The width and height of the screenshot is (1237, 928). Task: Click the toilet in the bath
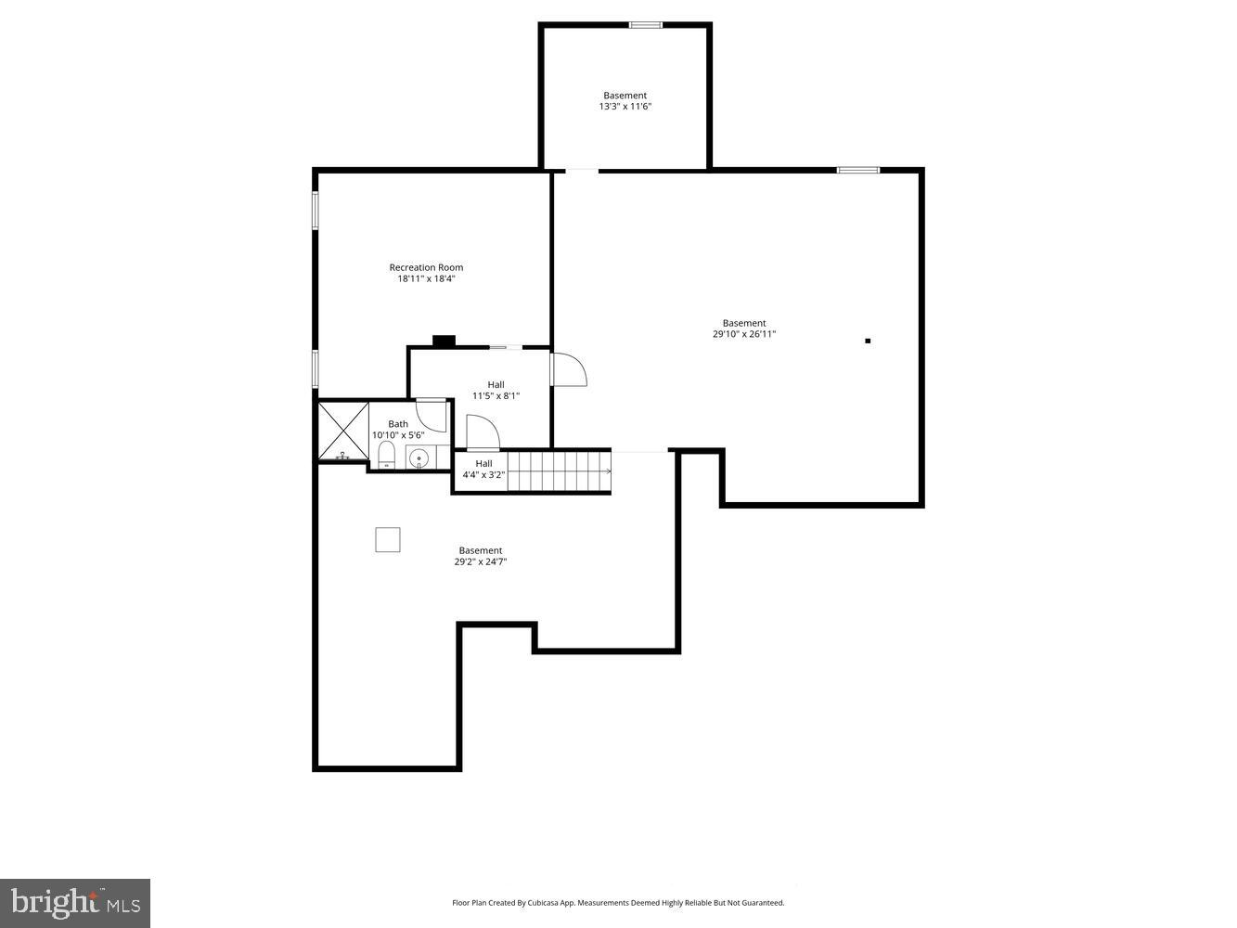point(387,454)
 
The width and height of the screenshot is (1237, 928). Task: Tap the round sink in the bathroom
point(419,458)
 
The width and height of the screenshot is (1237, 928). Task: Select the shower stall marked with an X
point(343,431)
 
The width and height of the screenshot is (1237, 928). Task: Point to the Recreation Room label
point(426,267)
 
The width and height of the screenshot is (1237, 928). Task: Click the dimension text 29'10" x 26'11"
point(744,334)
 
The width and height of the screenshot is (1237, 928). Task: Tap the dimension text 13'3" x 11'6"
point(625,107)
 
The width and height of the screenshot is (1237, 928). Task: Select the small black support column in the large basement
point(868,341)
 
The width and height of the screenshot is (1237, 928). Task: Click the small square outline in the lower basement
point(388,539)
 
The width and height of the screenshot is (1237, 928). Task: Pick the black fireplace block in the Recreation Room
point(444,341)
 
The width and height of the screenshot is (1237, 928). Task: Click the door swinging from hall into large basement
point(569,368)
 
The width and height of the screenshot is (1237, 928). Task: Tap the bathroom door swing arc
point(432,414)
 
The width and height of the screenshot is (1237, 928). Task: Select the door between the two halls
point(483,433)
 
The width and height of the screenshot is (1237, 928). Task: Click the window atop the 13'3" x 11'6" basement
point(645,25)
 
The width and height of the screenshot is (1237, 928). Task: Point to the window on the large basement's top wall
point(857,170)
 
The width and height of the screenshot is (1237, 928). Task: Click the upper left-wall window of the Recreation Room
point(316,210)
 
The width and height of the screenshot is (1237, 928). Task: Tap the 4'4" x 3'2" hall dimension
point(483,475)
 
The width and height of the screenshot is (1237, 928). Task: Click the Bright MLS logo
point(75,902)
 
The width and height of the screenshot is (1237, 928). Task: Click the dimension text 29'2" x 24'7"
point(481,561)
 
